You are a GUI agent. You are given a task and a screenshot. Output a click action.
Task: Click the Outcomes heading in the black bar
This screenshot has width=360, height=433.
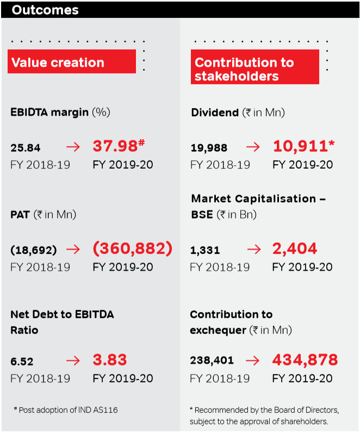45,10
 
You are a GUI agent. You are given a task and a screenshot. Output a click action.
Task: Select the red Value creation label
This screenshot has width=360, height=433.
58,62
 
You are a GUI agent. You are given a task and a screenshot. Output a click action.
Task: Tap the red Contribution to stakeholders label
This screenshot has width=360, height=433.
244,69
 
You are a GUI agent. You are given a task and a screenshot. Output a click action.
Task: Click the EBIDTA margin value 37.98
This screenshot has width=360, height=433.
115,146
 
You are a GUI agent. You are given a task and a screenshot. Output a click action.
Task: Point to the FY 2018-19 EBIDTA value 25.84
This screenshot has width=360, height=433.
26,147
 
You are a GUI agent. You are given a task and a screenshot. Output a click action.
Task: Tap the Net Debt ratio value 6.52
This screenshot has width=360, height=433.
22,361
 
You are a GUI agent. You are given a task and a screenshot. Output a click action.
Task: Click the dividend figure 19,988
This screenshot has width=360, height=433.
209,147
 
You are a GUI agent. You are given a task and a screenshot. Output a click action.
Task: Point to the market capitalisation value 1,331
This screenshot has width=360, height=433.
205,250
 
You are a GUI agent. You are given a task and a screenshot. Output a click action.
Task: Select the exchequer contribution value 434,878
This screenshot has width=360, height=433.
305,360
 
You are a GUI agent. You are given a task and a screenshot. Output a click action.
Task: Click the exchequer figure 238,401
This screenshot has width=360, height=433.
212,361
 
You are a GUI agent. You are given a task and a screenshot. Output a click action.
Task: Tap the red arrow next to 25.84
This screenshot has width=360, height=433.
73,147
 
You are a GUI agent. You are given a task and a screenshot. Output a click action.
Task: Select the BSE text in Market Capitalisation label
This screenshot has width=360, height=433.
202,214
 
